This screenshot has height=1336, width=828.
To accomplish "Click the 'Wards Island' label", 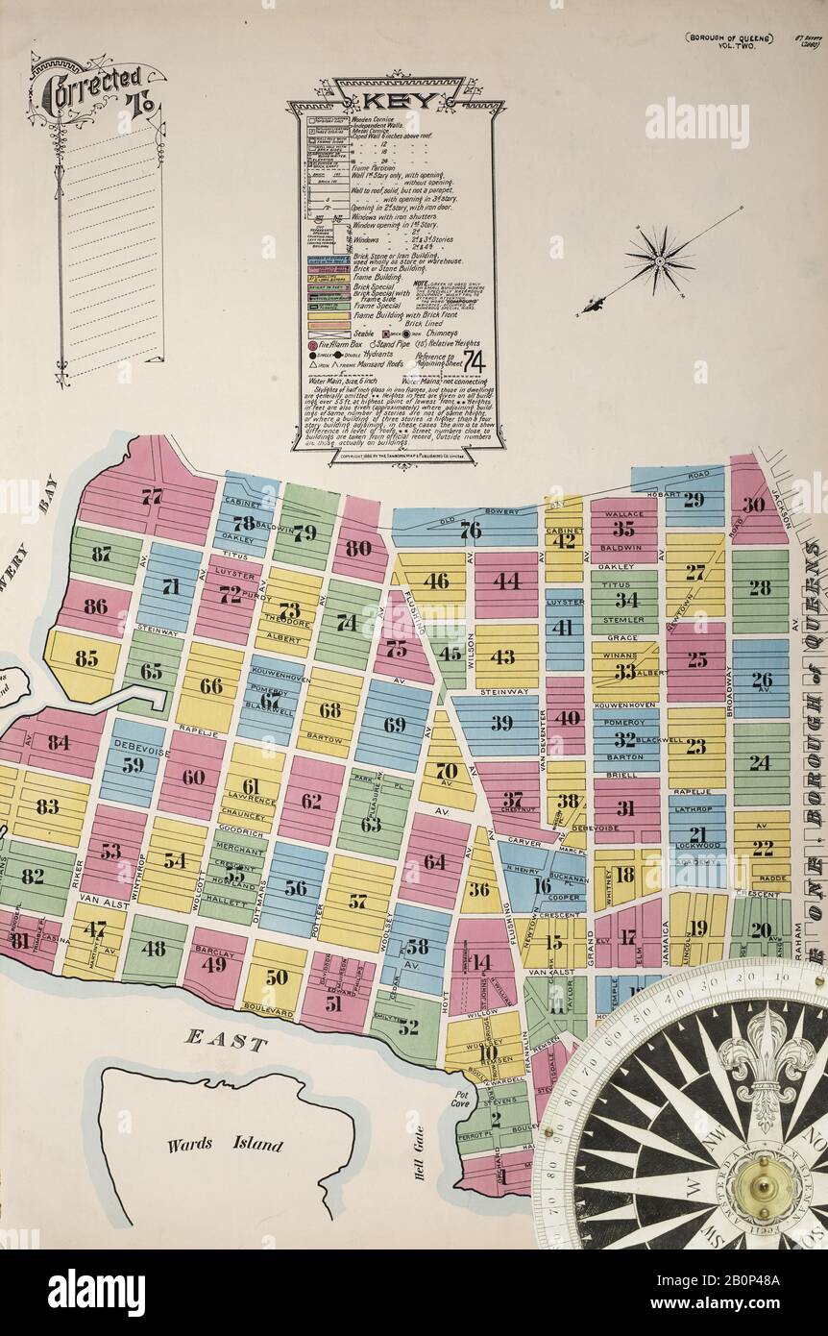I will tap(225, 1144).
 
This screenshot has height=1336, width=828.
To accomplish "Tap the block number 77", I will tap(151, 497).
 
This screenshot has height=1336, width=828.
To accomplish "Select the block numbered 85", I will tap(86, 659).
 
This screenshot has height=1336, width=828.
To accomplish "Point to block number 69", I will tap(395, 725).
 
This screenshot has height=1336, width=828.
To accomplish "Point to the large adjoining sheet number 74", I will tap(473, 360).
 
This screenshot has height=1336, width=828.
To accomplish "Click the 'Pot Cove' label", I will tap(463, 1101).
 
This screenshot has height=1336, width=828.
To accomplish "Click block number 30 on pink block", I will tap(754, 504).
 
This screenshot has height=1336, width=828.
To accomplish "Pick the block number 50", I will tap(277, 977).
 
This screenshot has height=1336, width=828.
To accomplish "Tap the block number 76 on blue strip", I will tap(470, 530).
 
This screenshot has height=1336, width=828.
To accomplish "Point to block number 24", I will tap(760, 762).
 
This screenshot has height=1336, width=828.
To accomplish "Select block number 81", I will tap(19, 941).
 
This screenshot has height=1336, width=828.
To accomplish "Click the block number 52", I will tap(408, 1027).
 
